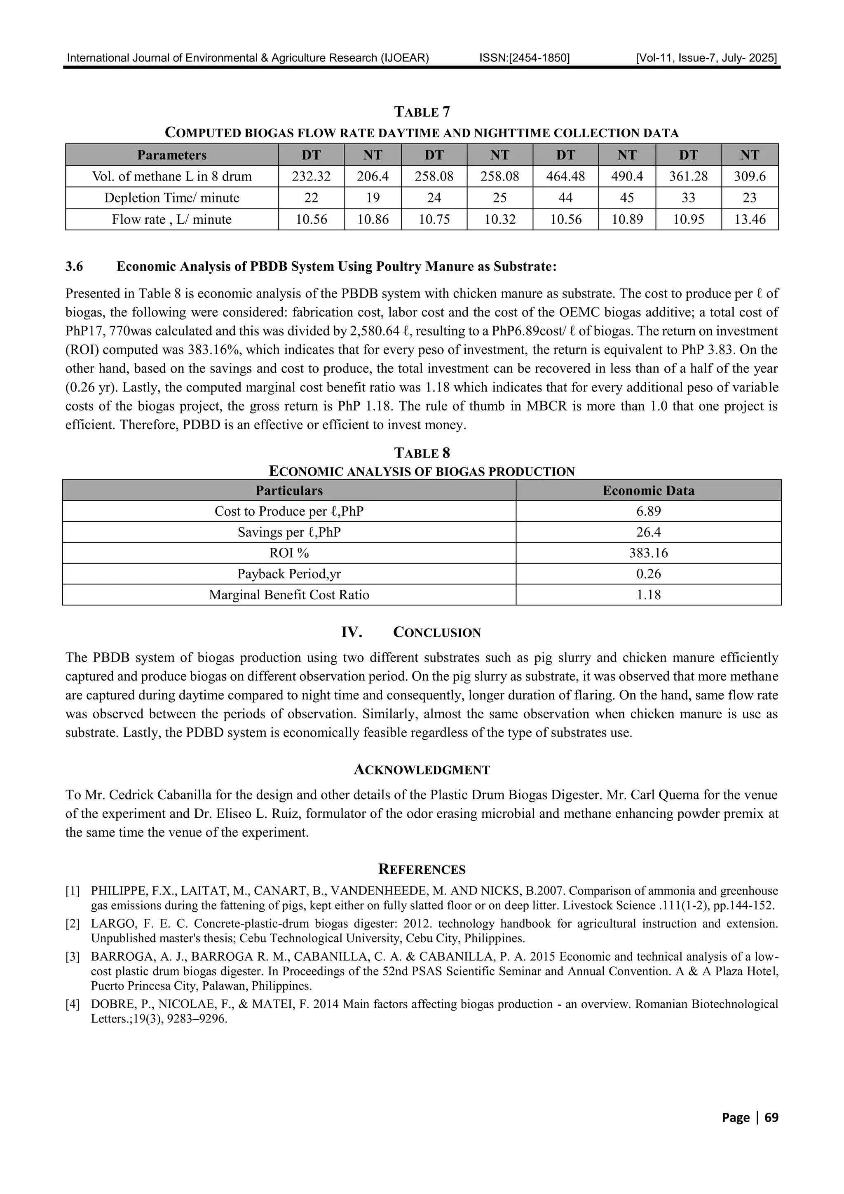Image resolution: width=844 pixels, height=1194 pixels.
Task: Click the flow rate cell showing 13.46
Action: [749, 219]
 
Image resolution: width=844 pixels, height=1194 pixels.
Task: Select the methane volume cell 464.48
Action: [565, 176]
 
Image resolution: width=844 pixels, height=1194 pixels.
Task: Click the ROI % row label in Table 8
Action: [289, 553]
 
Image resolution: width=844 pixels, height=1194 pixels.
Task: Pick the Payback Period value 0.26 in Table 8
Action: [649, 574]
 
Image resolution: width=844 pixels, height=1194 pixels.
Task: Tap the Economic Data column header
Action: [649, 490]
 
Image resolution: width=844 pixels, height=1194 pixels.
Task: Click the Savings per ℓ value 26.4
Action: [649, 532]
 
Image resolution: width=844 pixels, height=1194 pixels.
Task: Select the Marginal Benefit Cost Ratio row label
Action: [289, 594]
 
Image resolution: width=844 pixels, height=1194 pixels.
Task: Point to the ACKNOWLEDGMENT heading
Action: [422, 770]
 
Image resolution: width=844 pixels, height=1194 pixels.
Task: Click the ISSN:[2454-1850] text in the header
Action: [524, 58]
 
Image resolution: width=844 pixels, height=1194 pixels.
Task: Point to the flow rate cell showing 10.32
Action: [500, 219]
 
